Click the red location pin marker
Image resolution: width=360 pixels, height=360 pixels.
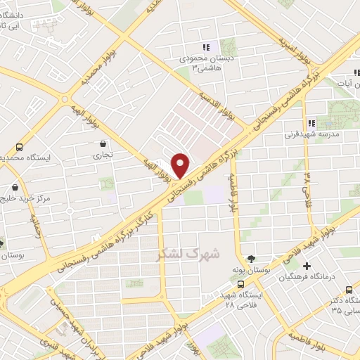(x=181, y=165)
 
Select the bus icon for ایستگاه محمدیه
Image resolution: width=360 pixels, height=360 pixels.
(x=19, y=148)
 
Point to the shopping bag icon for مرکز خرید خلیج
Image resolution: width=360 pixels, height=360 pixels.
(x=15, y=188)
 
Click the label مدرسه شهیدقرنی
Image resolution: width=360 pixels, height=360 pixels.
(x=311, y=133)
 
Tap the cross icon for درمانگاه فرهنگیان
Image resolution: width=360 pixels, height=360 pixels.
(x=307, y=266)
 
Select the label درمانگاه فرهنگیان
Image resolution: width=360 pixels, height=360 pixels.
(x=333, y=277)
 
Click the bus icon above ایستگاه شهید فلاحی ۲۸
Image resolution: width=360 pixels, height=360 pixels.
(x=241, y=285)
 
